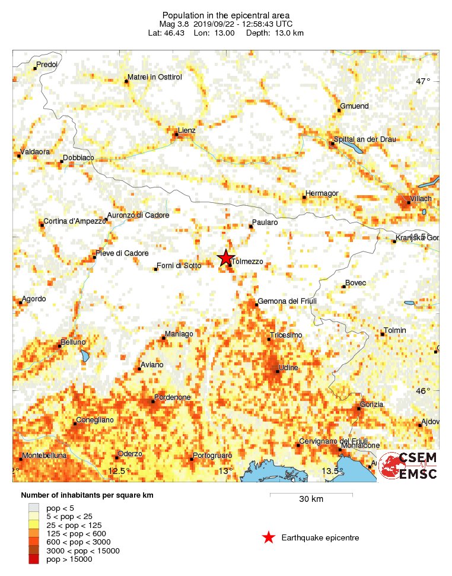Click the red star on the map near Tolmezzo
click(225, 258)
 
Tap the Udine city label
click(288, 368)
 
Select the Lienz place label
click(187, 130)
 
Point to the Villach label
click(421, 198)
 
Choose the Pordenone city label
click(172, 397)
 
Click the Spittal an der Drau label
click(365, 139)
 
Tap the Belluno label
click(72, 342)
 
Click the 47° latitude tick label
click(422, 81)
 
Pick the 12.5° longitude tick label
click(119, 471)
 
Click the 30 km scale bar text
click(311, 499)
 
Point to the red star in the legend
click(268, 537)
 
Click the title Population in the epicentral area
click(226, 15)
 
